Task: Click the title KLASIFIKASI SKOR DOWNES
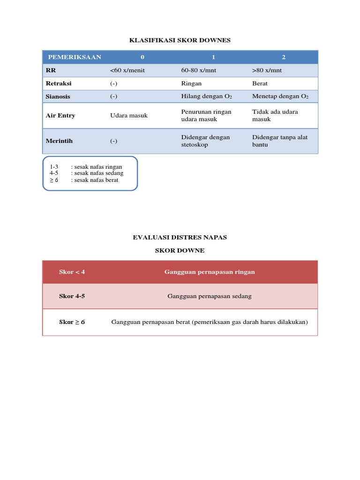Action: click(180, 40)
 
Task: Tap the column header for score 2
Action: click(283, 57)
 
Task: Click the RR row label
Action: click(51, 70)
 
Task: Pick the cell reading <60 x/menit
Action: click(127, 70)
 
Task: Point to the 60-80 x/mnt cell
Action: click(198, 70)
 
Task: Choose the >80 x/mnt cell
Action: click(267, 70)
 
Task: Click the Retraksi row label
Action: click(59, 83)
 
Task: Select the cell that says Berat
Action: click(260, 83)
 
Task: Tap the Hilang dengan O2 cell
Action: click(207, 96)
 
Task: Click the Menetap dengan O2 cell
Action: click(280, 96)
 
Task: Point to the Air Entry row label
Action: click(60, 115)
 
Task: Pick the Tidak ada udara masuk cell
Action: click(275, 115)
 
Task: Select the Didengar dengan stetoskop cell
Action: click(205, 141)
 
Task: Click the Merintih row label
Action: click(59, 141)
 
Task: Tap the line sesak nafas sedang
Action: click(97, 173)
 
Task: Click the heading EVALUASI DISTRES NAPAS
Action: click(180, 237)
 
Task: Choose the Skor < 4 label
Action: click(72, 272)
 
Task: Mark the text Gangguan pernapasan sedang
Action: click(210, 296)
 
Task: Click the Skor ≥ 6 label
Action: click(72, 322)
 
